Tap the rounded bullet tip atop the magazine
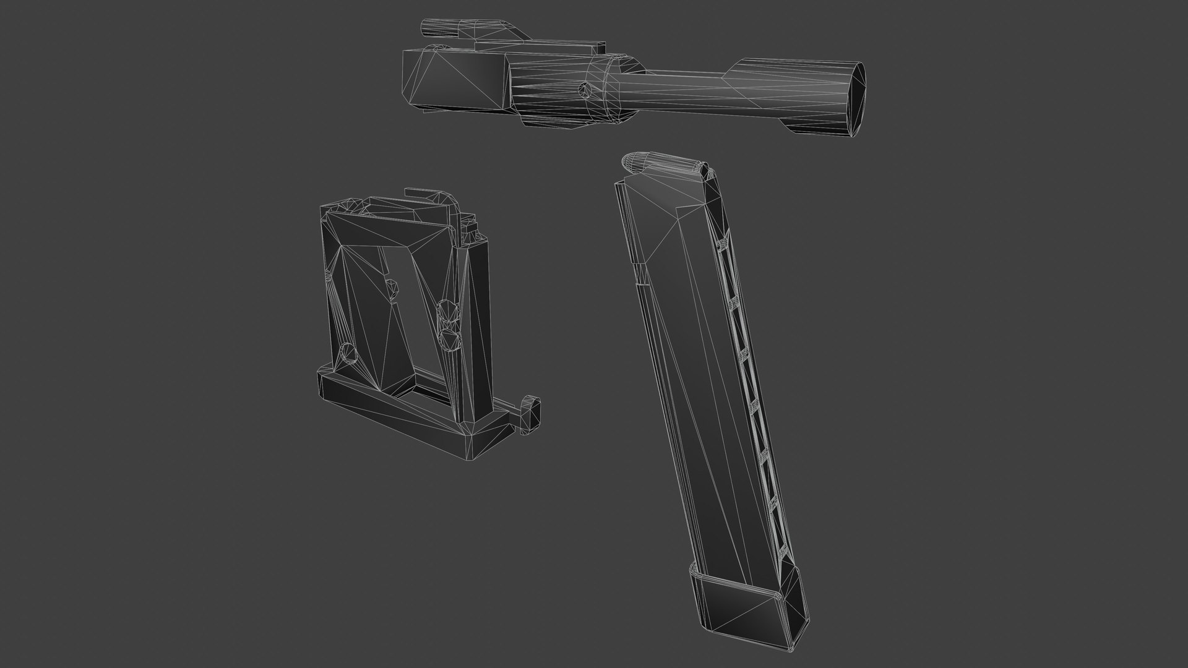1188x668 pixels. (633, 163)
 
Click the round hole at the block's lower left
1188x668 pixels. (348, 354)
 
